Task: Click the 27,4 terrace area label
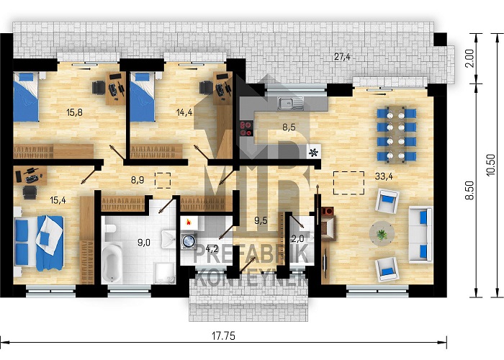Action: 342,57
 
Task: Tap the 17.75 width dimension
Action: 223,336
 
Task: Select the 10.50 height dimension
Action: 491,165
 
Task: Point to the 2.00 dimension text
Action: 469,58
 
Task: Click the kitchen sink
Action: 291,103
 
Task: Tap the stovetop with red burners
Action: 246,129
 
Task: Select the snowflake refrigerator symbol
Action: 314,153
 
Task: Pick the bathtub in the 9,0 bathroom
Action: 112,262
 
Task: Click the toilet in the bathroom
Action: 109,228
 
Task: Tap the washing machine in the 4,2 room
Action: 189,241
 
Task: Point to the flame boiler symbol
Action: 188,222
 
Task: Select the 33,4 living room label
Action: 384,176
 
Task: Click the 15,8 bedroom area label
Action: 75,112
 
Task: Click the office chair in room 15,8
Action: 99,87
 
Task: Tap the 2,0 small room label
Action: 297,239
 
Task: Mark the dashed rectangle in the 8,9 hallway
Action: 163,180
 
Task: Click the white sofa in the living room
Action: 420,235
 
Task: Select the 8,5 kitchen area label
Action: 289,127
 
